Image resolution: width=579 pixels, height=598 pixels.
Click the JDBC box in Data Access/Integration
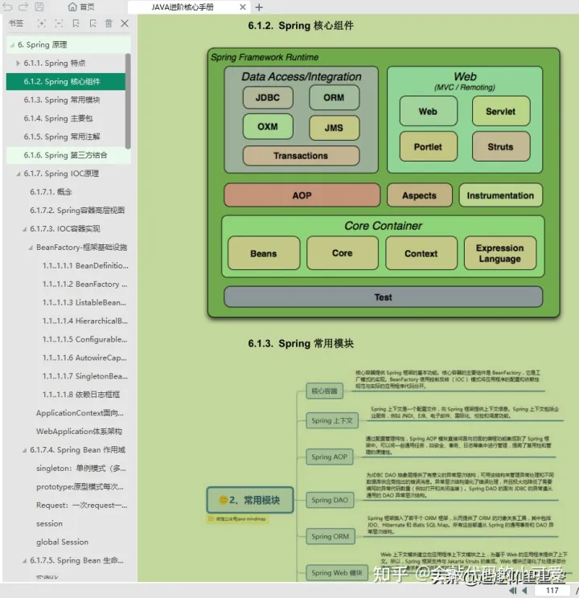(268, 97)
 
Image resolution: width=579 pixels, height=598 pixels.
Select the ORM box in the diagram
(334, 97)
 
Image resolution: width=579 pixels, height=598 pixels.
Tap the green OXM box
(268, 127)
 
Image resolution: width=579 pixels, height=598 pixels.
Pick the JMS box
(334, 128)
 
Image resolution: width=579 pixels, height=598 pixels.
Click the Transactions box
(300, 156)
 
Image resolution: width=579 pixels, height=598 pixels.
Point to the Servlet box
(500, 112)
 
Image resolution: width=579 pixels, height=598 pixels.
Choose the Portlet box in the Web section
(428, 147)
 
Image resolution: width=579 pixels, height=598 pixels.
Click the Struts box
(500, 147)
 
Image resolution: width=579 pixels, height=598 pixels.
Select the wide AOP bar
(302, 195)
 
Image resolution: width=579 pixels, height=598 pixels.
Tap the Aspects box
(419, 195)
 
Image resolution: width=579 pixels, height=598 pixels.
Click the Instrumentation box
(500, 195)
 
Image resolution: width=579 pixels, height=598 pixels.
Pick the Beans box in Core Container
(263, 253)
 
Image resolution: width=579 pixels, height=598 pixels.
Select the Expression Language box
(499, 253)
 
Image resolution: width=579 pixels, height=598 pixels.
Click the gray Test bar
(383, 297)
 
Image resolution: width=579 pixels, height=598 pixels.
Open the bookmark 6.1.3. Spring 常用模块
(62, 100)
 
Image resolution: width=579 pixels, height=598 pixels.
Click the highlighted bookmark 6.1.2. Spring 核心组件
(62, 81)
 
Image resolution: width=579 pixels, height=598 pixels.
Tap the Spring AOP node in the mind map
(330, 457)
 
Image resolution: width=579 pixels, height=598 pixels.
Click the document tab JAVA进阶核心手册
(183, 7)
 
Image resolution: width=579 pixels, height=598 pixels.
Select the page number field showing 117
(552, 591)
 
